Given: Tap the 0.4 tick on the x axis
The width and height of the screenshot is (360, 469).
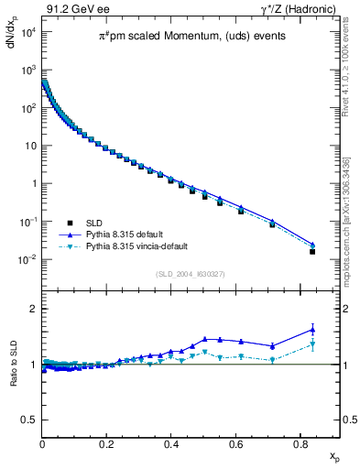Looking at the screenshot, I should (171, 444).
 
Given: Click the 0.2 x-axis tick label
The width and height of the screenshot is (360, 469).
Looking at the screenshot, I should (106, 444).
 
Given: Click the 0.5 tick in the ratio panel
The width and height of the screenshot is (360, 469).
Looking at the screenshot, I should (30, 420).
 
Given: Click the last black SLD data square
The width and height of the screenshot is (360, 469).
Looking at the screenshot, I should (312, 251).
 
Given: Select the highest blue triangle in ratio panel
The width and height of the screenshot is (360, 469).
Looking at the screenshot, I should (312, 330).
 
